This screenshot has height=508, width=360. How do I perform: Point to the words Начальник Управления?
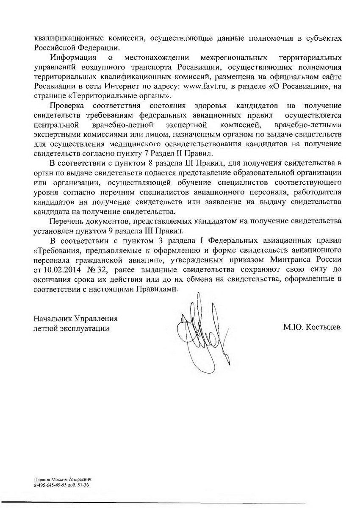click(75, 318)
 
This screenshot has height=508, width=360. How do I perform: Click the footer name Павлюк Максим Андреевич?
click(62, 478)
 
